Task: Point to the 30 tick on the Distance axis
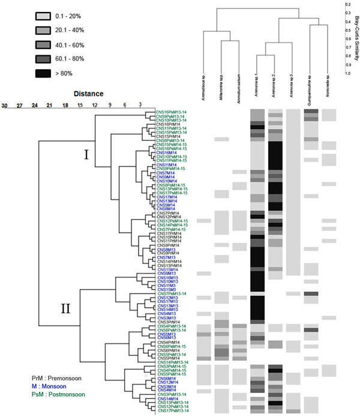pos(4,105)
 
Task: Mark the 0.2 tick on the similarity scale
pos(347,4)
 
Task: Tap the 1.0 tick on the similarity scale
pos(347,73)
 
